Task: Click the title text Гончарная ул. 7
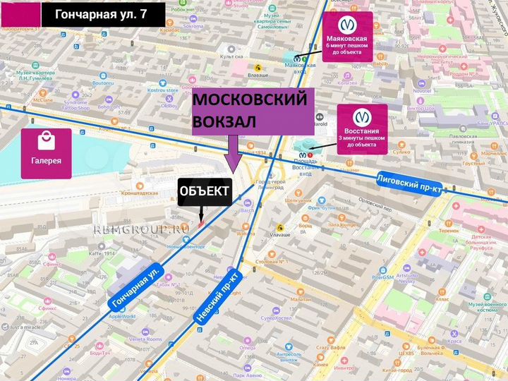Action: pos(104,13)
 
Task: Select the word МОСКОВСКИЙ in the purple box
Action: pos(250,100)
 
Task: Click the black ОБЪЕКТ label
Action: pos(204,190)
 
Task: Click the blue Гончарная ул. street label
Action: pos(136,286)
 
